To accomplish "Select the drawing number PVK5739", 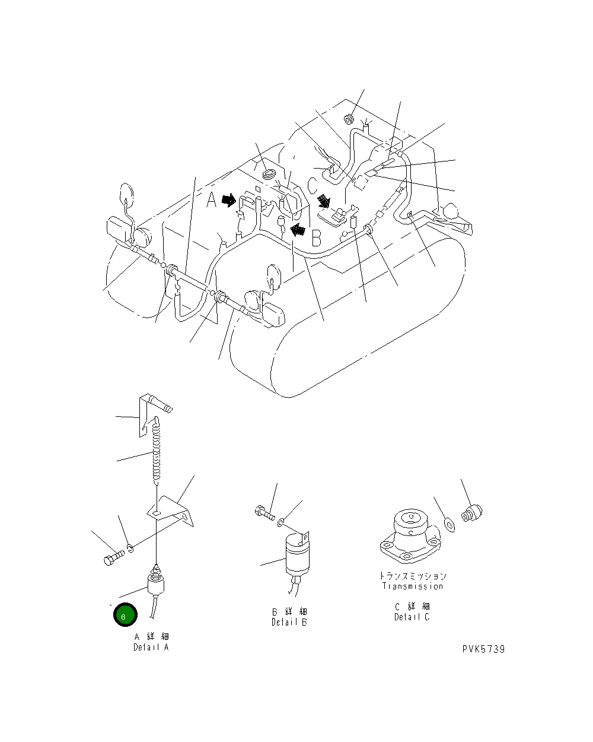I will (483, 649).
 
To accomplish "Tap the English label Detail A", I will (151, 647).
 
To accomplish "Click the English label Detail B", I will (289, 622).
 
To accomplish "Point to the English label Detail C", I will (412, 617).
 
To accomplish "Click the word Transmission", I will (412, 586).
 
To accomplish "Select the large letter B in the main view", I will (317, 239).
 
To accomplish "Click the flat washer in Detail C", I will (449, 524).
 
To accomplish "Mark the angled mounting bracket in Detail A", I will (172, 510).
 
